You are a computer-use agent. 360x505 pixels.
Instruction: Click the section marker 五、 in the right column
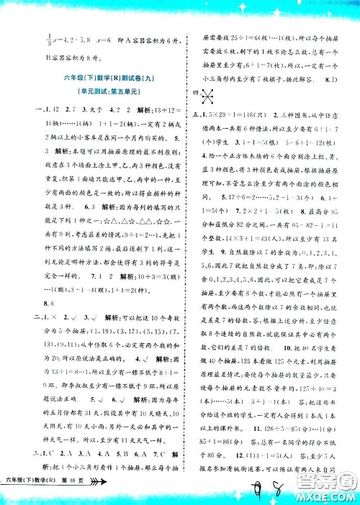pos(192,115)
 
